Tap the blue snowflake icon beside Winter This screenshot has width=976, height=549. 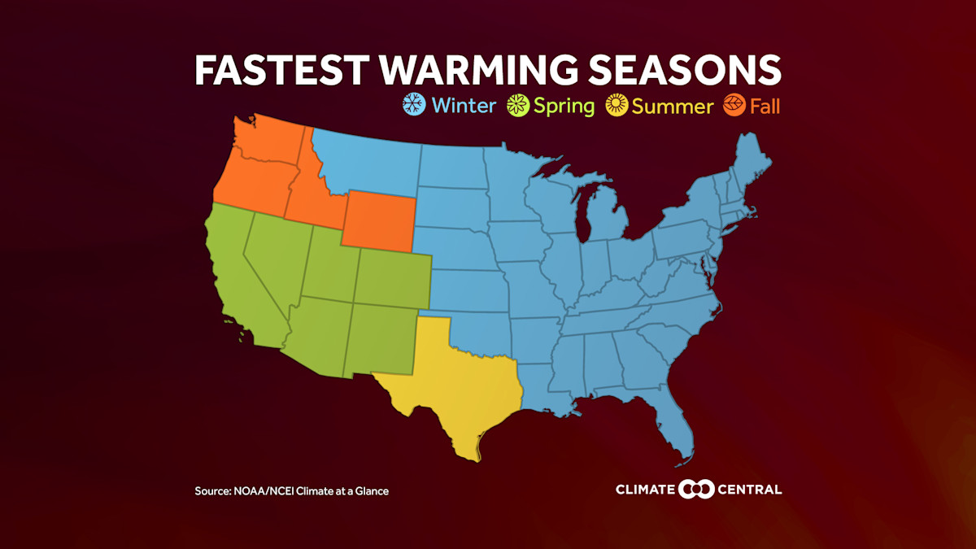(x=415, y=105)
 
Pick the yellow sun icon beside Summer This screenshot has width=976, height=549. (x=617, y=106)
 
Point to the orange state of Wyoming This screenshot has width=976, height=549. (x=378, y=218)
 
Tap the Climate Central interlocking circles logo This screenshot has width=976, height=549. (x=697, y=489)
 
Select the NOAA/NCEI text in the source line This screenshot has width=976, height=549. (x=264, y=491)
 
